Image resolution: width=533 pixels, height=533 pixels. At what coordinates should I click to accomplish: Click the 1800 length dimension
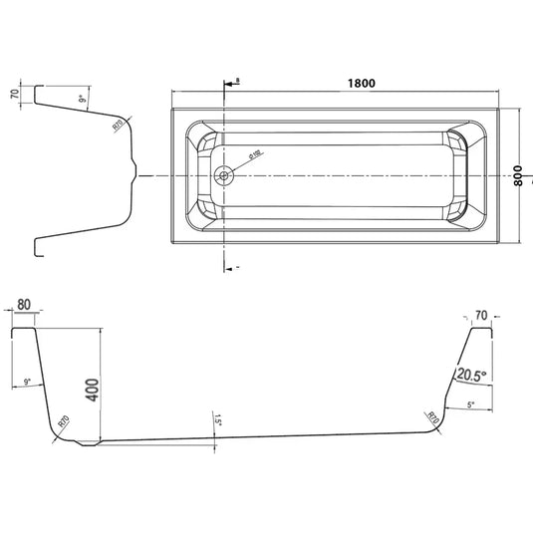click(362, 84)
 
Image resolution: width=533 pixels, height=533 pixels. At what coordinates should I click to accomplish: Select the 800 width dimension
click(518, 175)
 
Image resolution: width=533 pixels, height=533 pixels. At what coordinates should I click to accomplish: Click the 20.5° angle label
click(469, 375)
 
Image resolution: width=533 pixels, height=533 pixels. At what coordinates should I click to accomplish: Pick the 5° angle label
click(471, 403)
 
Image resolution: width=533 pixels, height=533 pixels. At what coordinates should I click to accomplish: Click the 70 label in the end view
click(13, 97)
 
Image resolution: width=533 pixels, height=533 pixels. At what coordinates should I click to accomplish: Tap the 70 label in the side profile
click(481, 315)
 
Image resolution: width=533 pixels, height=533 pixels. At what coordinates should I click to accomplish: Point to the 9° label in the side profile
click(28, 382)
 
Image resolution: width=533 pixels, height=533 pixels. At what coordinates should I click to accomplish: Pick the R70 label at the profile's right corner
click(432, 415)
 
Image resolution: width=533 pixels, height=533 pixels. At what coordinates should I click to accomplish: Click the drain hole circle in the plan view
click(224, 176)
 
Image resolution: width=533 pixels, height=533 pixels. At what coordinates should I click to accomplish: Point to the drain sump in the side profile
click(89, 442)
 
